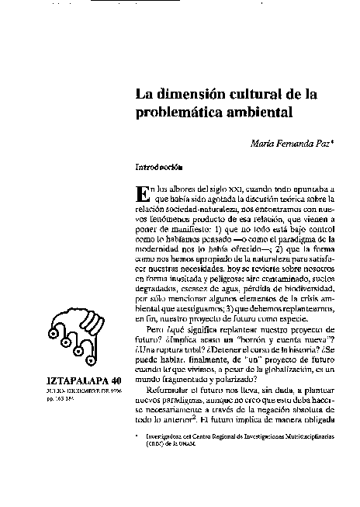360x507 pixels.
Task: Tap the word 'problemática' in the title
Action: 180,113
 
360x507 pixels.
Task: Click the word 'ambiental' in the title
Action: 259,113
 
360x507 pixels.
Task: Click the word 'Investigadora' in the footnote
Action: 166,437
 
